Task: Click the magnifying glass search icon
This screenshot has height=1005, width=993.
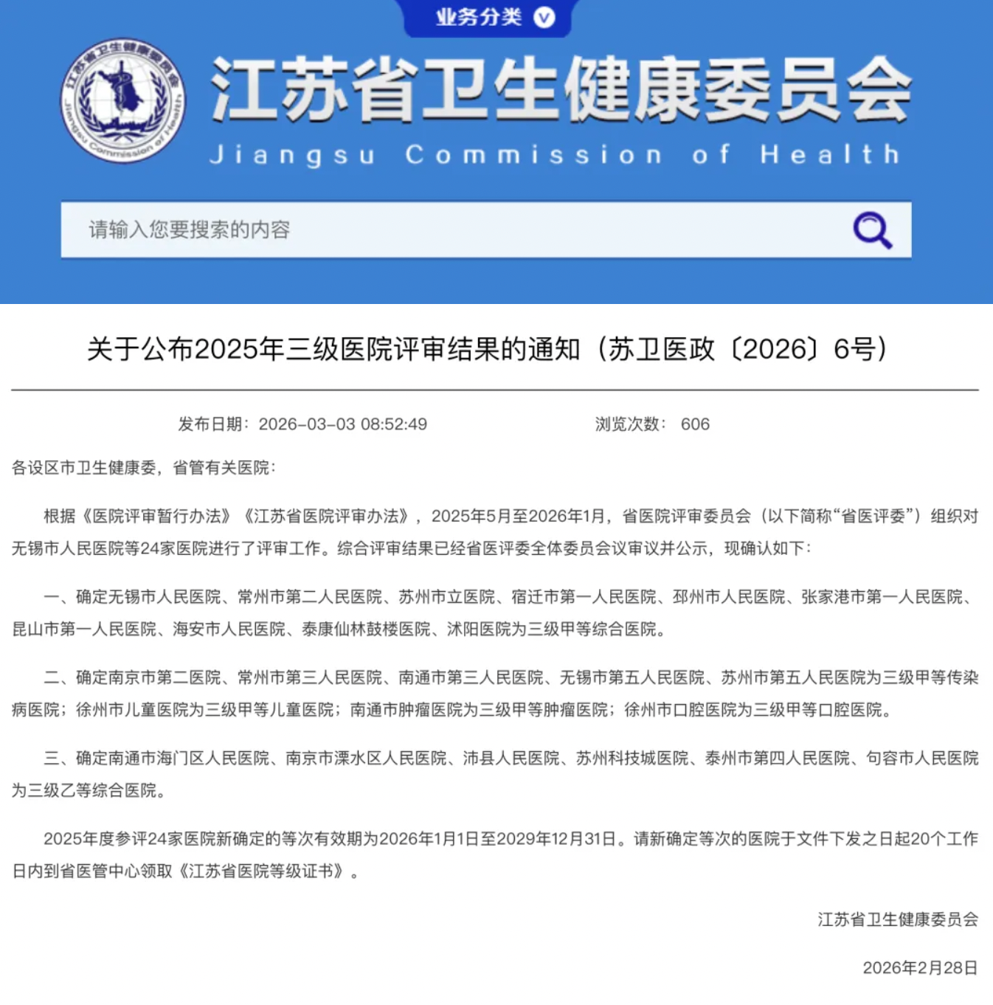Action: click(872, 229)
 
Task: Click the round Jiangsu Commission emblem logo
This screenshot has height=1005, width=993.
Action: click(122, 101)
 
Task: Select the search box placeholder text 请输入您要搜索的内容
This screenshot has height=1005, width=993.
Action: click(190, 229)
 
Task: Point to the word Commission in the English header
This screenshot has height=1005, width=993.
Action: click(533, 155)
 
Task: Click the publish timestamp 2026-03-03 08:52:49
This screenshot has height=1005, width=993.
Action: click(342, 424)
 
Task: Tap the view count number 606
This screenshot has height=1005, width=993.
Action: click(695, 424)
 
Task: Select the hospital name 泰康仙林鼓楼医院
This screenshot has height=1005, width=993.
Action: click(366, 629)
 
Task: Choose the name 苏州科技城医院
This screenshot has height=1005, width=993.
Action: click(632, 758)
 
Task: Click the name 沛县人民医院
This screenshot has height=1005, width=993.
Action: click(511, 758)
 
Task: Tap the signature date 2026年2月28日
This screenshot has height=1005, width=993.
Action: click(920, 967)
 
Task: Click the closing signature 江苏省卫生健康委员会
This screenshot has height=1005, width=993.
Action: click(898, 919)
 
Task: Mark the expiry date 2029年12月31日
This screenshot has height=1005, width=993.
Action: click(556, 839)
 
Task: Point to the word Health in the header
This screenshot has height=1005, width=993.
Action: click(830, 155)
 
